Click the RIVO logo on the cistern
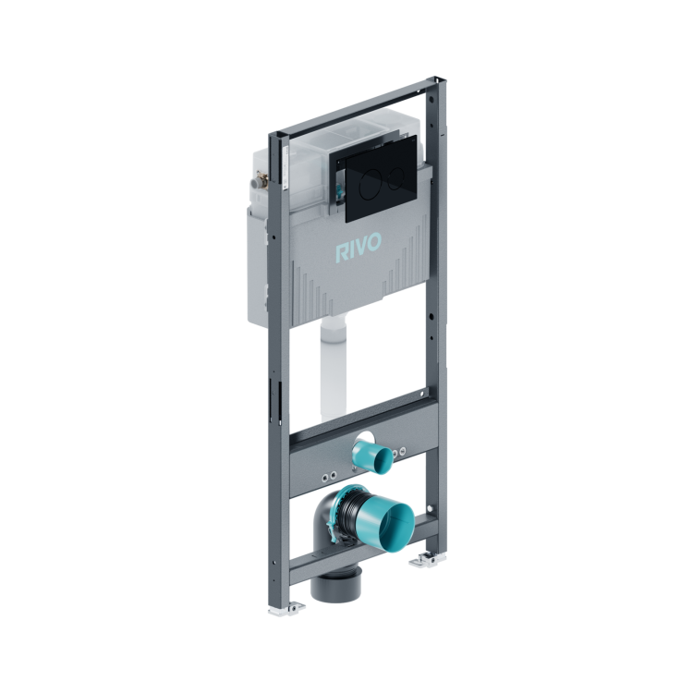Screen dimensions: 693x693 [x=359, y=249]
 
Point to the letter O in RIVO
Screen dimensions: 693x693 [x=375, y=242]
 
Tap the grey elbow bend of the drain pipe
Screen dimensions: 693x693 [x=325, y=530]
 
